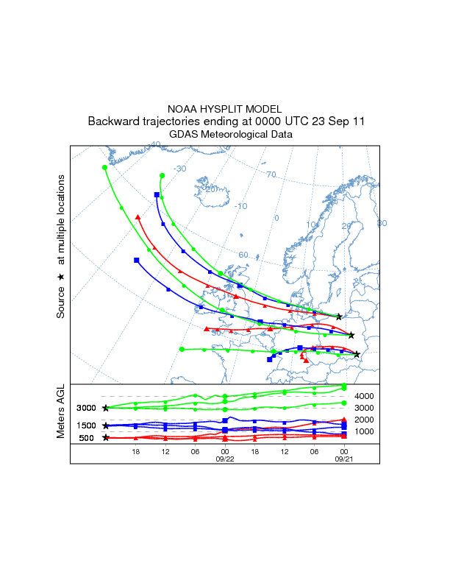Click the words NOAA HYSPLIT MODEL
tap(224, 108)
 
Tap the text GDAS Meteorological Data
tap(224, 135)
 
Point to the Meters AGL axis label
tap(61, 413)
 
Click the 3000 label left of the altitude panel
tap(86, 408)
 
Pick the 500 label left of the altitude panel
tap(86, 438)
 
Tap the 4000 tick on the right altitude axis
tap(365, 396)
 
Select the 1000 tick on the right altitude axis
tap(365, 431)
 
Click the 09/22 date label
tap(224, 457)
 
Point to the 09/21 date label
tap(343, 457)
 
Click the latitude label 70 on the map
tap(271, 175)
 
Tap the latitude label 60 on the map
tap(243, 255)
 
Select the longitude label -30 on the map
tap(178, 169)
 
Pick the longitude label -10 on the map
tap(240, 206)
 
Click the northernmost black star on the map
tap(339, 317)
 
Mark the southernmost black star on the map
tap(357, 355)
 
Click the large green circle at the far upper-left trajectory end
tap(104, 167)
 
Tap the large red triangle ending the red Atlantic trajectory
tap(137, 217)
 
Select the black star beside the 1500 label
tap(106, 425)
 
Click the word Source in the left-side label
tap(61, 303)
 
